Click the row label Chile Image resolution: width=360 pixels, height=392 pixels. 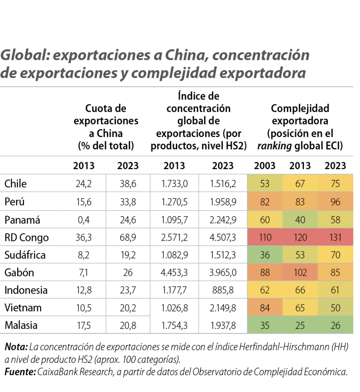pos(16,184)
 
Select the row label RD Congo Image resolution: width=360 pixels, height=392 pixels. pos(26,237)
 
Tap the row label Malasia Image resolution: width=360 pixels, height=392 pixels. pos(21,325)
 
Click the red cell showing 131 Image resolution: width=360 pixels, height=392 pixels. pos(336,237)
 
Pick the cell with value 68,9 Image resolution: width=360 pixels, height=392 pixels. pos(128,237)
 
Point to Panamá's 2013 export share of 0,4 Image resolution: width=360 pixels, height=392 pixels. pos(84,220)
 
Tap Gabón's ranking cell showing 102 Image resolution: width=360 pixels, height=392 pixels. pos(300,273)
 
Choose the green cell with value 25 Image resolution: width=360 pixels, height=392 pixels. pos(300,325)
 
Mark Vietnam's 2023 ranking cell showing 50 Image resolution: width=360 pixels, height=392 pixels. pos(336,308)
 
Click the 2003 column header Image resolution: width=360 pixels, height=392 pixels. pos(265,166)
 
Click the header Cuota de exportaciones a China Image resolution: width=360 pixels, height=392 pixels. pos(106,127)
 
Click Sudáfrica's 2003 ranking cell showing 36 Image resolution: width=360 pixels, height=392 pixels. pos(265,255)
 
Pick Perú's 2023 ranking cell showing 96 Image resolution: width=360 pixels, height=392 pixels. pos(336,202)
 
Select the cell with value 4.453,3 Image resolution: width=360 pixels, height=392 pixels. pos(174,273)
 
